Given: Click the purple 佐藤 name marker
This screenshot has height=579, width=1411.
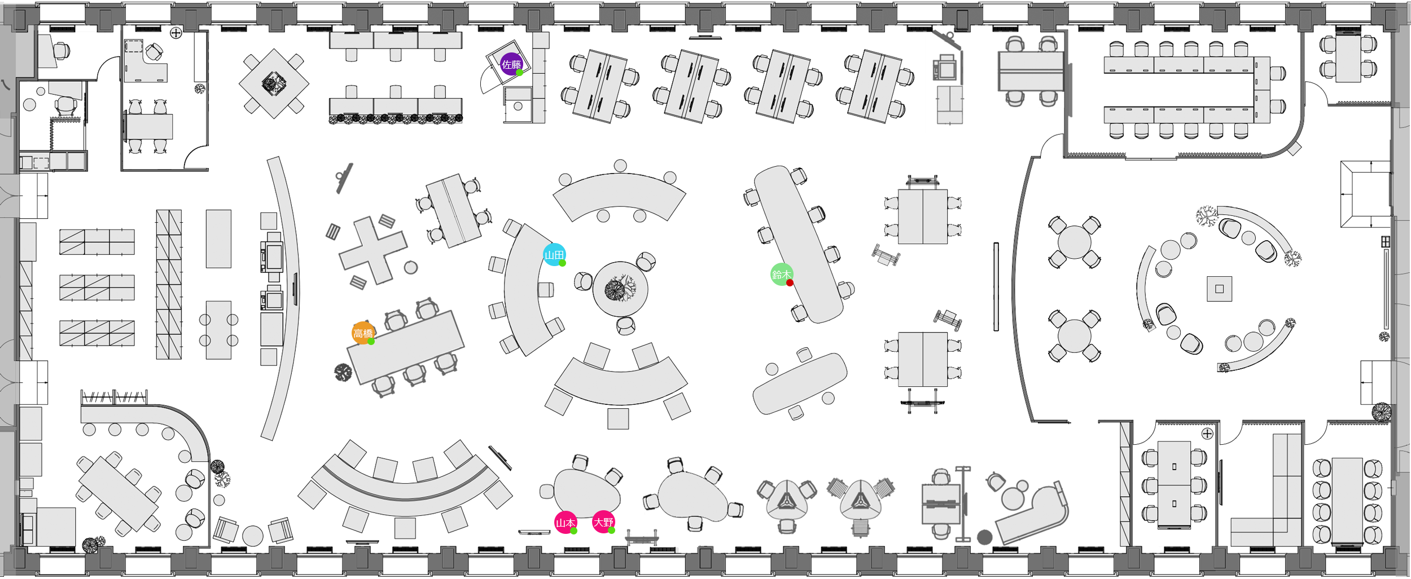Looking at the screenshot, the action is pos(511,64).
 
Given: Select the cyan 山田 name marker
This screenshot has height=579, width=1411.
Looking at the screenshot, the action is pos(554,255).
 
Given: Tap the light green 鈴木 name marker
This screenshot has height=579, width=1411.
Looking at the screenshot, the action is pos(782,275).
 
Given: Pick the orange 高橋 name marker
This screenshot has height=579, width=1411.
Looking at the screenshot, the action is pos(363,333).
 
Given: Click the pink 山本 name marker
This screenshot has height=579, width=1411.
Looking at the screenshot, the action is pos(566,523).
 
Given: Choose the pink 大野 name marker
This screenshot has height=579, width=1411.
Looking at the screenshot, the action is pos(603,522).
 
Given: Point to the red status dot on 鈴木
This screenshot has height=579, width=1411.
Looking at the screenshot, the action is pos(790,283).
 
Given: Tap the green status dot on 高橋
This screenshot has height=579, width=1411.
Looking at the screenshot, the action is pos(371,342).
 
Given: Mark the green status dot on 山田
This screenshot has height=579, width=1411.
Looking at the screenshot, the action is pos(563,263).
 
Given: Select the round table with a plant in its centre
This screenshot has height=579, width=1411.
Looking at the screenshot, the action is pos(620,289).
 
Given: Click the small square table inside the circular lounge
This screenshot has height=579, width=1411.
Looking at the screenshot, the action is pos(1219,289).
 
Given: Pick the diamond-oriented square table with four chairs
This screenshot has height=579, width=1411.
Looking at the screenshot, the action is pos(274,83).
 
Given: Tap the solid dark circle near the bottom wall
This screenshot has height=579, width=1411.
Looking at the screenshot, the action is pos(985,537).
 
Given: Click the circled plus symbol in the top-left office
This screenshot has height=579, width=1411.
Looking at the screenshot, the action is pos(176,33).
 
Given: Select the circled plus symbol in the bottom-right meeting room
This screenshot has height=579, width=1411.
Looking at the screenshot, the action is pos(1207,434).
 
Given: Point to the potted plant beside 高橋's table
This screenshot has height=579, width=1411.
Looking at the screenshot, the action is pos(343,373).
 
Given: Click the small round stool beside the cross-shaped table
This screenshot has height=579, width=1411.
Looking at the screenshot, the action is pos(411,267).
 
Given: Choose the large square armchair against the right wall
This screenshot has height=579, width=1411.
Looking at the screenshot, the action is pos(1365,195).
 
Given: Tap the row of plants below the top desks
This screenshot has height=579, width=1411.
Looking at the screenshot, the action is pos(396,118).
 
